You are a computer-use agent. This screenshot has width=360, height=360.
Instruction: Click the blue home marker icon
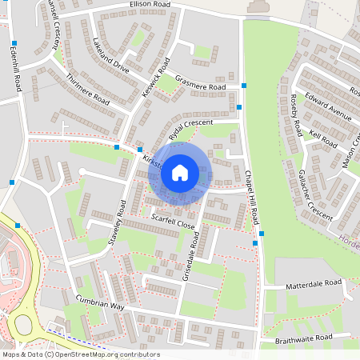[x=180, y=172]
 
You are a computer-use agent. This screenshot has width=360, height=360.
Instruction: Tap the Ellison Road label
[x=152, y=5]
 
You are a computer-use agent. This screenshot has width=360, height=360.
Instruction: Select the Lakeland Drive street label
[x=110, y=55]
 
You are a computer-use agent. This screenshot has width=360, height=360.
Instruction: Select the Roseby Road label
[x=296, y=114]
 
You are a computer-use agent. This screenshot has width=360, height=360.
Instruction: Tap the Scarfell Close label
[x=173, y=222]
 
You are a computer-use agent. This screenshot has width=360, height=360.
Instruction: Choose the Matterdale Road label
[x=314, y=284]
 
